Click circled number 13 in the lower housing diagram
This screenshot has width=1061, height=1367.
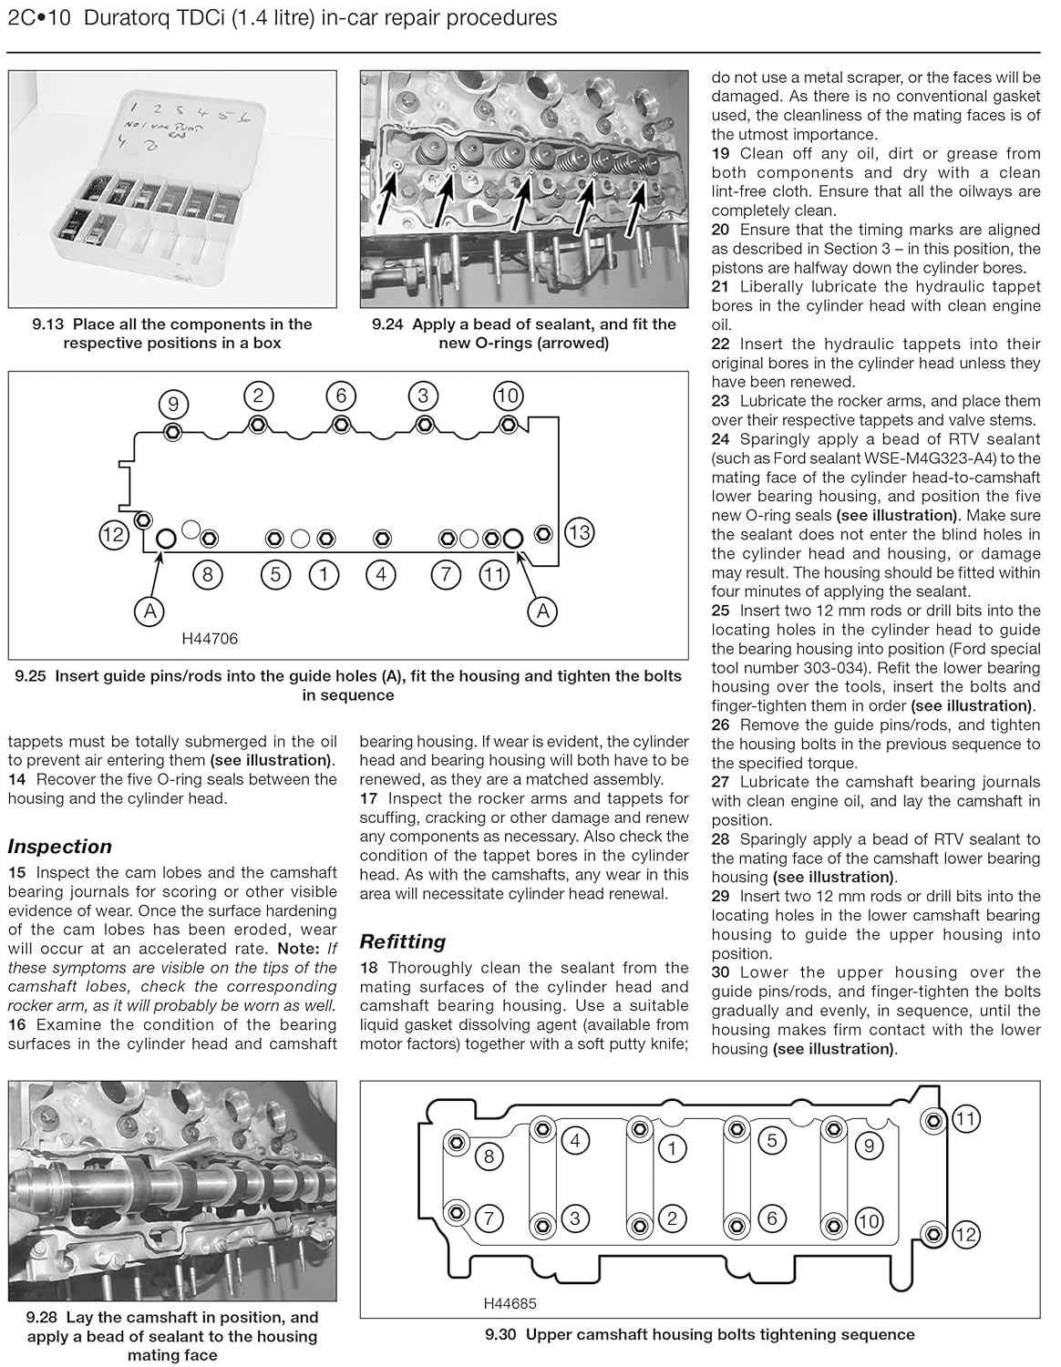[x=580, y=531]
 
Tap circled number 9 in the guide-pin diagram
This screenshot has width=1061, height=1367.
[x=173, y=404]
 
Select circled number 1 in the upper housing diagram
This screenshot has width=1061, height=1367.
[x=672, y=1147]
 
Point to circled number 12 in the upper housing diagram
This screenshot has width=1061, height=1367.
[x=966, y=1235]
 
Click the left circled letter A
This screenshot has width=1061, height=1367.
[x=149, y=612]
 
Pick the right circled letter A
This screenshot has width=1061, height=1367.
[x=543, y=612]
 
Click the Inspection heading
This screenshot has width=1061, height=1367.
[x=60, y=847]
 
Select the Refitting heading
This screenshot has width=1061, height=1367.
[x=403, y=941]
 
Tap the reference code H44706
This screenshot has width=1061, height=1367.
[x=210, y=639]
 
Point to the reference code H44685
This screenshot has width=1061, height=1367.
[x=510, y=1304]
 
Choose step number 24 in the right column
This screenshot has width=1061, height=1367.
[x=721, y=439]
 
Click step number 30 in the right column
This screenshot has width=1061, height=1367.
[x=721, y=972]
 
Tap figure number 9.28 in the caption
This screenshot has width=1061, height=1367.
[x=46, y=1317]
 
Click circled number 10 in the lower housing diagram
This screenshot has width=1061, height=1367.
[x=507, y=396]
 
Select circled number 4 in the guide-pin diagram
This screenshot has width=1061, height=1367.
[x=381, y=575]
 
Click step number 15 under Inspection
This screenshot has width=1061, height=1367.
[x=17, y=873]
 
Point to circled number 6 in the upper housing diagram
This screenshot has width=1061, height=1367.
[x=771, y=1218]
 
